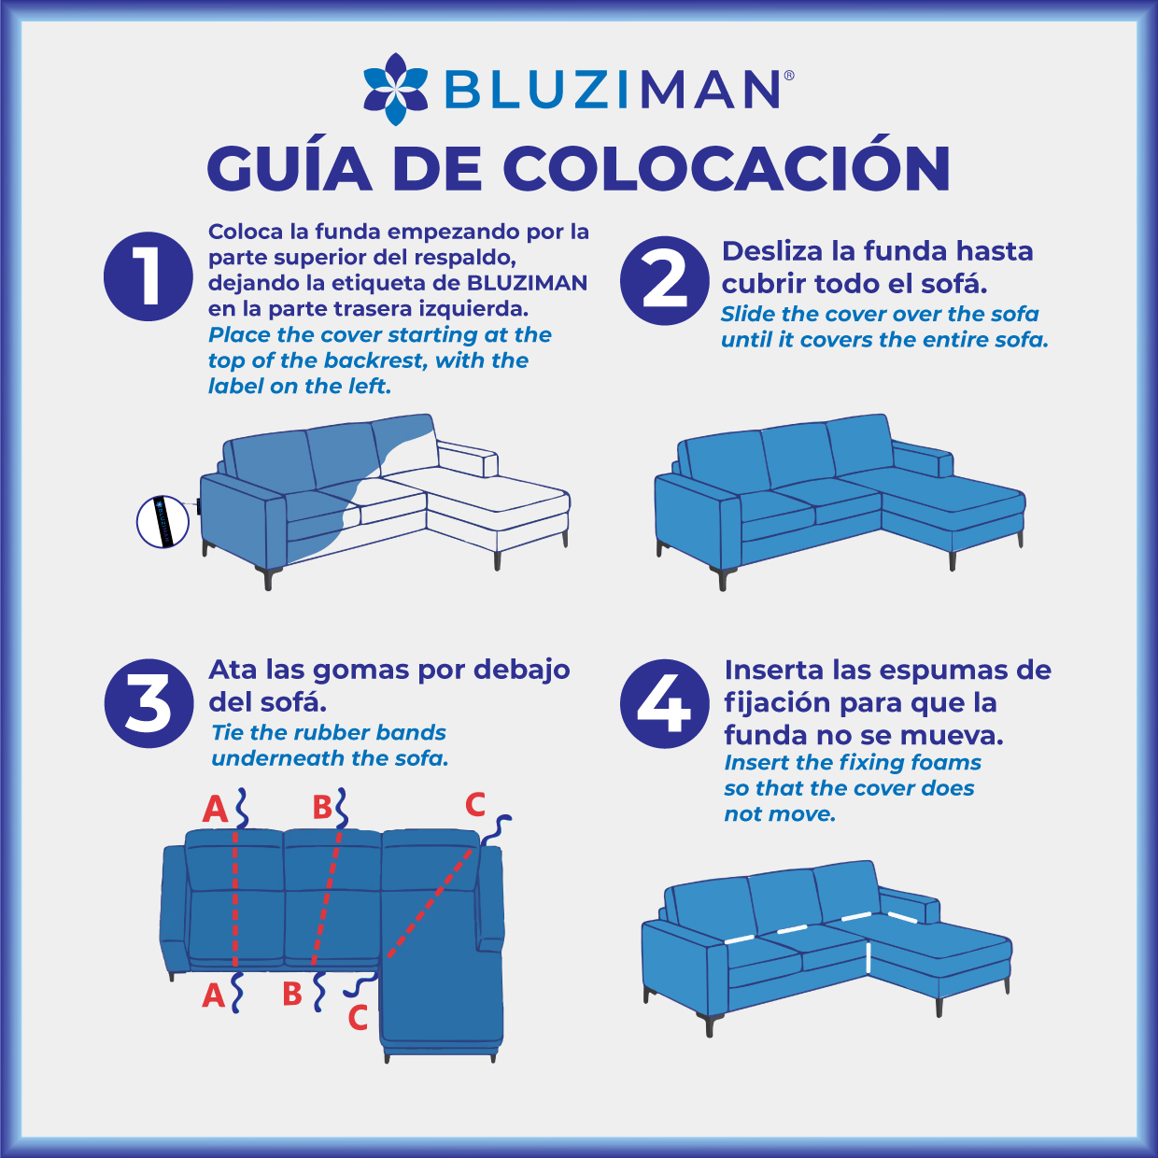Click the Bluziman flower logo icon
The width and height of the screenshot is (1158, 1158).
tap(395, 89)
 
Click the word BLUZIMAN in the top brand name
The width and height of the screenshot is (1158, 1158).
tap(612, 89)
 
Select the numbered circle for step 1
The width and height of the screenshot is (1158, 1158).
tap(148, 276)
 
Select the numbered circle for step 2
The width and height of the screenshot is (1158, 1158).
tap(665, 281)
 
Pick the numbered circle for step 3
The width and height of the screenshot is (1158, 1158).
tap(148, 703)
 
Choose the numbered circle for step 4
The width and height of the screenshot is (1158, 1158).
tap(665, 704)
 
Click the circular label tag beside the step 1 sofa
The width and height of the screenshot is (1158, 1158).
tap(162, 522)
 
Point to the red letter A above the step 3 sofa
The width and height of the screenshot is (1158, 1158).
tap(215, 809)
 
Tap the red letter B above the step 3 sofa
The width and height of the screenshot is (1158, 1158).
tap(322, 808)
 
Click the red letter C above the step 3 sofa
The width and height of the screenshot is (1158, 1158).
tap(474, 805)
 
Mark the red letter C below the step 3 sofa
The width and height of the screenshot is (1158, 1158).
tap(358, 1017)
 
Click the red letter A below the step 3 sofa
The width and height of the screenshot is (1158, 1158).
tap(213, 996)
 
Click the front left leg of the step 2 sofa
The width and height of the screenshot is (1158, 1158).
tap(723, 579)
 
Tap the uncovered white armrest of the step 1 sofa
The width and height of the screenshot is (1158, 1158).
tap(468, 459)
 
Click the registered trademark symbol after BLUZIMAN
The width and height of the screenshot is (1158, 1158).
tap(789, 75)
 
